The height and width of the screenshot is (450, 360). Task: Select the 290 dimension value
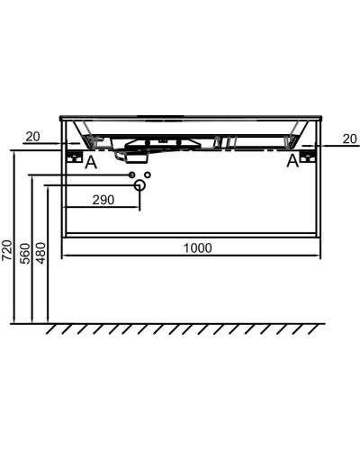pyautogui.click(x=103, y=200)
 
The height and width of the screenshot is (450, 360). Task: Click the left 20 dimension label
pyautogui.click(x=32, y=137)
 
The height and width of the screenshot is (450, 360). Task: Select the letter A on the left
pyautogui.click(x=89, y=162)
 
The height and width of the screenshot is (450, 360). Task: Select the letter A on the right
pyautogui.click(x=292, y=161)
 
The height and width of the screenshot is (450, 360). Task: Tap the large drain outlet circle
pyautogui.click(x=139, y=185)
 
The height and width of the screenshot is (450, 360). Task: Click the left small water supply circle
pyautogui.click(x=131, y=173)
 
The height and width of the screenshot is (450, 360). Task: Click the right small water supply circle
pyautogui.click(x=148, y=173)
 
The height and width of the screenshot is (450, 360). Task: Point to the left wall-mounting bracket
pyautogui.click(x=73, y=156)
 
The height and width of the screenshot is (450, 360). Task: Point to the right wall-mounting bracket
pyautogui.click(x=309, y=156)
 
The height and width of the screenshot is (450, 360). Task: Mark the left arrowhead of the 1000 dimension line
pyautogui.click(x=63, y=255)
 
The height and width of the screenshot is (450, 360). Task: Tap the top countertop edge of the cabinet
pyautogui.click(x=191, y=117)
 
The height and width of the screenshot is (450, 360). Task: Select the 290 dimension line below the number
pyautogui.click(x=103, y=209)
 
